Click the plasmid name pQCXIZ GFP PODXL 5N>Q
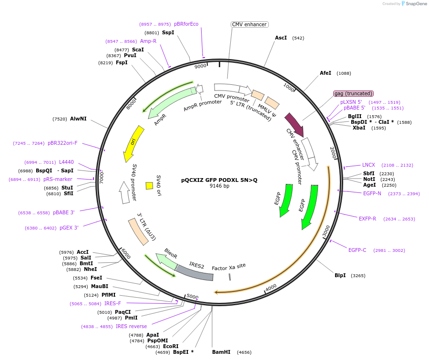(219, 180)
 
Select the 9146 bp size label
(219, 186)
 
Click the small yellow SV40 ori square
(149, 186)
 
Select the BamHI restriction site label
(221, 352)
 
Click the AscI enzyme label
(281, 38)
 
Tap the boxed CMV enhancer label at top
(249, 24)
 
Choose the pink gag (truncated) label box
(353, 93)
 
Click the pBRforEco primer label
(186, 24)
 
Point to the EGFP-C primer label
(357, 250)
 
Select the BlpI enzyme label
(340, 275)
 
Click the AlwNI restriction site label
(78, 119)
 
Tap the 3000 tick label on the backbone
(327, 231)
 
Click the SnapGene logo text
(417, 4)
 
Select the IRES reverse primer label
(131, 326)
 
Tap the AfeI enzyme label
(325, 73)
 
